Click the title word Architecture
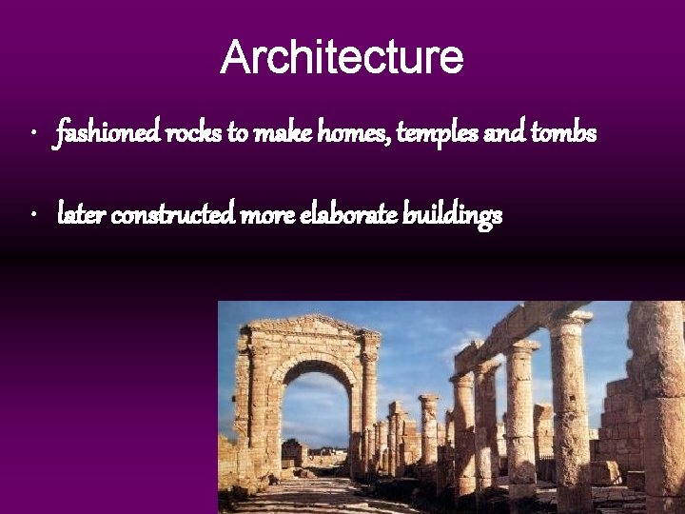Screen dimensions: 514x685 342,57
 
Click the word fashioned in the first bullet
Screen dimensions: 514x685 108,134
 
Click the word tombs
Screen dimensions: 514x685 564,134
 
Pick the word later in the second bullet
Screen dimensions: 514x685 81,216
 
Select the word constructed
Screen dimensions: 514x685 174,216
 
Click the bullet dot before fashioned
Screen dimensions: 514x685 33,134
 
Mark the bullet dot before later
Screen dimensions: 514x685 33,216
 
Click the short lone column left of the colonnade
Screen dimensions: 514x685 429,428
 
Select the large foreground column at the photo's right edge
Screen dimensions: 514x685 661,409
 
